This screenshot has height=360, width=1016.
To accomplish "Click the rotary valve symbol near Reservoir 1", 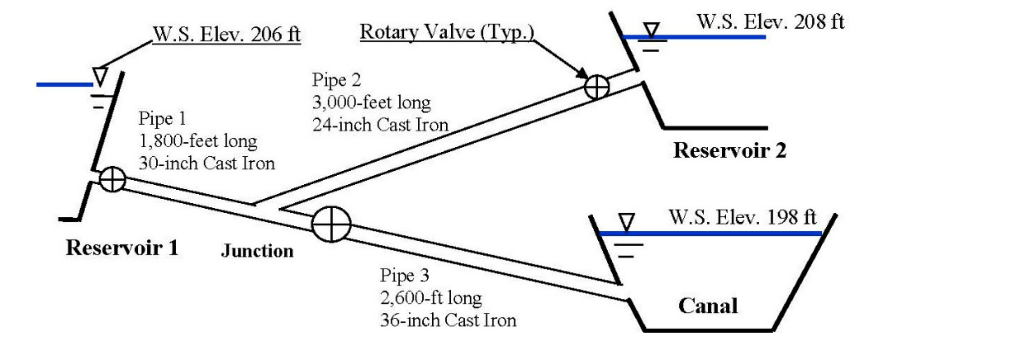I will click(112, 179).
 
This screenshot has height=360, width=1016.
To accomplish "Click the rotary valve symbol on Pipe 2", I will click(596, 86).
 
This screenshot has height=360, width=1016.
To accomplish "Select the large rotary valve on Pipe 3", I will click(331, 224).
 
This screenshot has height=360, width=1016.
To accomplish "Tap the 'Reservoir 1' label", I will click(121, 247).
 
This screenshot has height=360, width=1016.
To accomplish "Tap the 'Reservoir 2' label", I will click(729, 150).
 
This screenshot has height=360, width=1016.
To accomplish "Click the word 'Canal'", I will click(708, 306).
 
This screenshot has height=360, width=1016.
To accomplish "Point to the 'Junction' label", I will click(257, 251).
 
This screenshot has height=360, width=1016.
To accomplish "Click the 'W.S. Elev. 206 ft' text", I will click(225, 35).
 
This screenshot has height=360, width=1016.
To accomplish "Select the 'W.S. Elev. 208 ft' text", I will click(771, 22).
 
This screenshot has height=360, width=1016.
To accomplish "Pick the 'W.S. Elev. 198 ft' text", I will click(742, 218).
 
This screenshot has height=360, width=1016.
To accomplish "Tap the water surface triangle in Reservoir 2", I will click(653, 30).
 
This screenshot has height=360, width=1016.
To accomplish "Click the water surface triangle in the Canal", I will click(627, 222).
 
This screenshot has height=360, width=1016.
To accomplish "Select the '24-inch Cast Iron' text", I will click(379, 126).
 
